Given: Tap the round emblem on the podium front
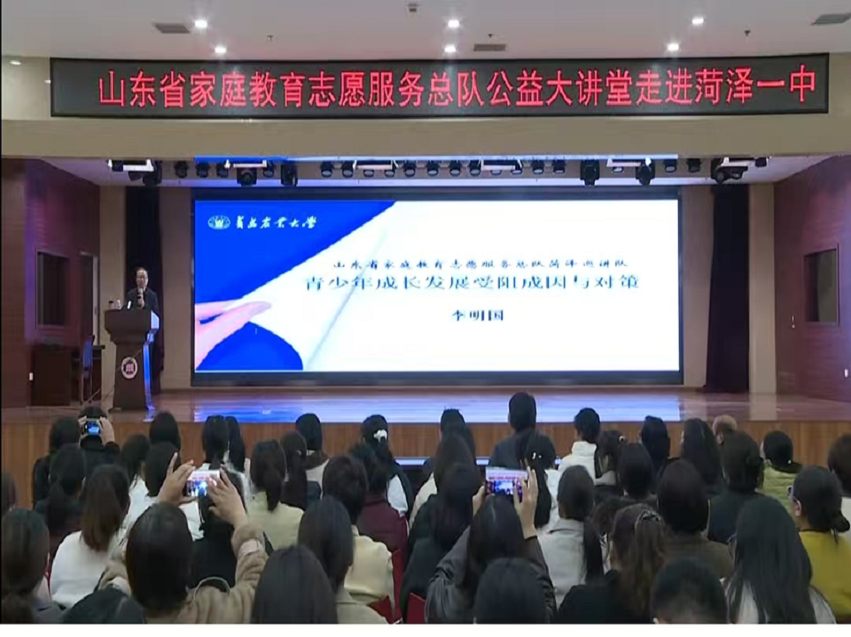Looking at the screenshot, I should (x=129, y=366).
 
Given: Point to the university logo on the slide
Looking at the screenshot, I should (x=220, y=222).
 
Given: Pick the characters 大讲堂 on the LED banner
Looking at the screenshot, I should (x=559, y=88).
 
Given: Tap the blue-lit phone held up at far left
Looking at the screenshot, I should (x=91, y=428).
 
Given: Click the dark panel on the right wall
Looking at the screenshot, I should (x=821, y=286).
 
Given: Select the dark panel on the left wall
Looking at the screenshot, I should (x=52, y=288).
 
